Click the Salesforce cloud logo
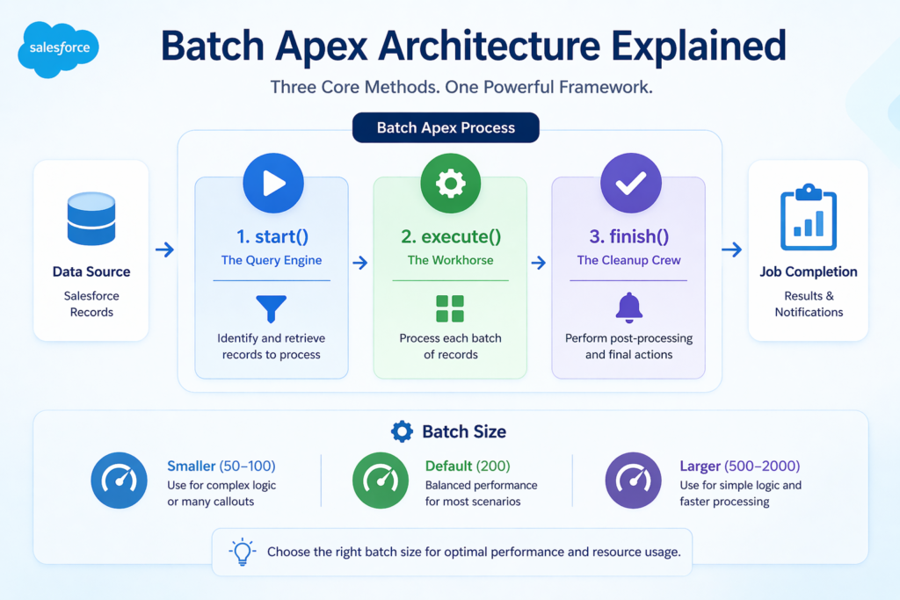59,48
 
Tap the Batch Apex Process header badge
446,127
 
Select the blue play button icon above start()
272,183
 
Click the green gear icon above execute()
451,183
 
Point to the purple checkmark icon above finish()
629,183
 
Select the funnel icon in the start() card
271,308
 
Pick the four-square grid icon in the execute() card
450,308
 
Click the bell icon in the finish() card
628,307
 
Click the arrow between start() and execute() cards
360,263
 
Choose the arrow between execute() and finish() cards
539,263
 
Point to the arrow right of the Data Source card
164,250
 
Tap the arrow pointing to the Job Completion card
731,250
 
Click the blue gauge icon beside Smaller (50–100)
120,480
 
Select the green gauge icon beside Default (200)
380,480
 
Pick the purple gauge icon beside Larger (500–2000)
633,480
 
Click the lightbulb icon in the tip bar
242,552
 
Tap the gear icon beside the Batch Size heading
402,431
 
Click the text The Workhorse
450,260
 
